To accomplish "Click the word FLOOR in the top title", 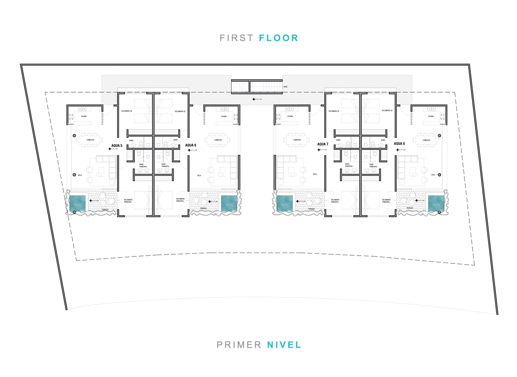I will point(279,38).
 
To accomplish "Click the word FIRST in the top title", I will point(237,38).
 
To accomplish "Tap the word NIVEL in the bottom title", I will point(284,345).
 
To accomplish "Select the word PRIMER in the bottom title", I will point(239,345).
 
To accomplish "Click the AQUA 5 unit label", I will point(117,145).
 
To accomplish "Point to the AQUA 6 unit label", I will point(190,145).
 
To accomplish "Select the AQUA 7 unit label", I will point(323,144).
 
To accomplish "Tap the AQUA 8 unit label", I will point(399,144).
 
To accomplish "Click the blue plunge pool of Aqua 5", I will point(78,203).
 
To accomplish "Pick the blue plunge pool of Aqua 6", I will point(230,203).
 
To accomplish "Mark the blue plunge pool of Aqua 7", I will point(284,203).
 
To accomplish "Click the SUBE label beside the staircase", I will point(285,87).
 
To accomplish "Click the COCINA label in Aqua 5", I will point(84,116).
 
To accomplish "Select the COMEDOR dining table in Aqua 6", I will point(218,140).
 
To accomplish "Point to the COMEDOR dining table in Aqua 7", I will point(297,140).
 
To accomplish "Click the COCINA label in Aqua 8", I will point(431,116).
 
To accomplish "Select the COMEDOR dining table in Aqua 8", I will point(426,140).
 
